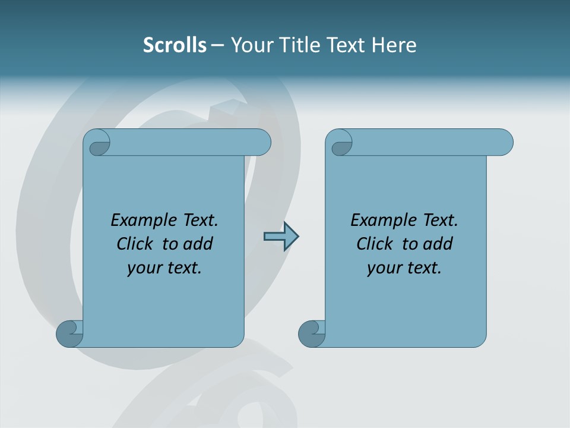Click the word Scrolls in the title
pos(175,45)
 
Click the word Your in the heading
pos(250,45)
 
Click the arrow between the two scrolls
pos(281,237)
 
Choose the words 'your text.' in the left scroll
pos(164,267)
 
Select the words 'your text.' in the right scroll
pos(404,267)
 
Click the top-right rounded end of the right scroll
pos(502,143)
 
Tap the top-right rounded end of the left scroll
pos(259,143)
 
